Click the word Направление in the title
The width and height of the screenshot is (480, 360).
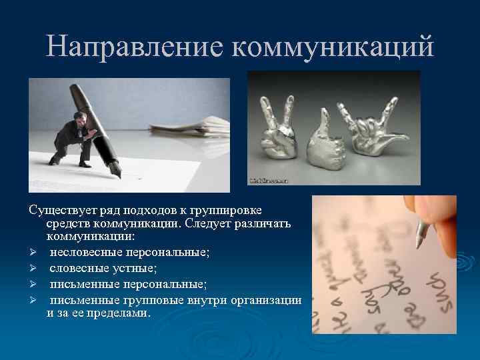[x=133, y=46]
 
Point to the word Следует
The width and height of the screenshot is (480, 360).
[x=200, y=225]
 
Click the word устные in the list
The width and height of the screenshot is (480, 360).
[x=133, y=268]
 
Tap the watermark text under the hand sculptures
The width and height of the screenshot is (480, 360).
[x=267, y=180]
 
